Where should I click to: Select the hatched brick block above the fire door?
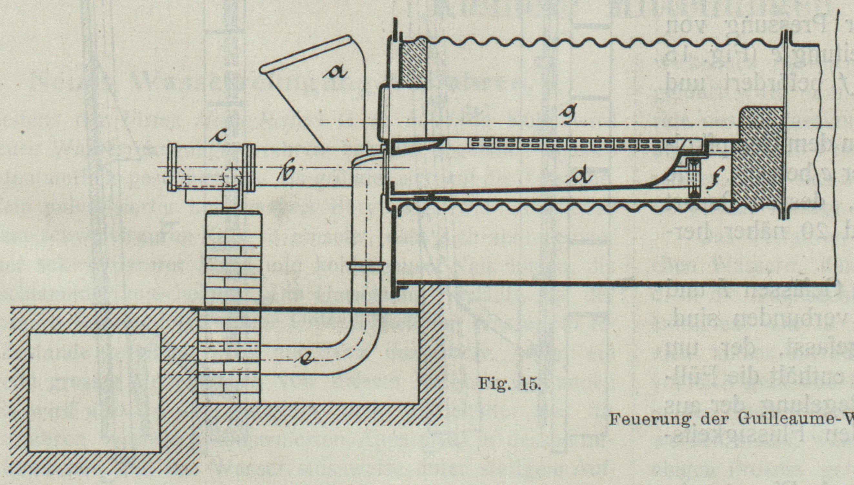tap(414, 62)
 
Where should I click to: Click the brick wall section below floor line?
tap(229, 356)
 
